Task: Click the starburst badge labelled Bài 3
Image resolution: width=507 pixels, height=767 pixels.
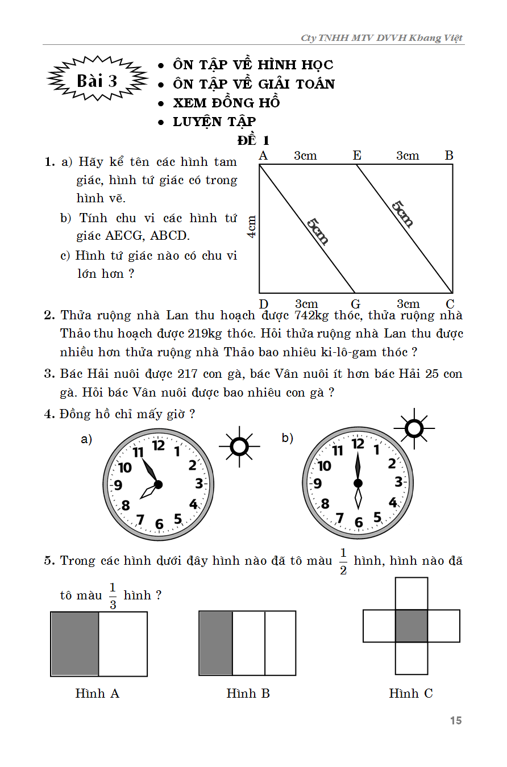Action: [x=97, y=81]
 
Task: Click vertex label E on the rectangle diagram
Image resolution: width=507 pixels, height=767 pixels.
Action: [x=357, y=156]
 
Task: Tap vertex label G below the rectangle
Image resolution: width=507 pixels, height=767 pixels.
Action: [x=356, y=304]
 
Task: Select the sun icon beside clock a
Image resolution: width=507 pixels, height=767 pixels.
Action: [x=240, y=447]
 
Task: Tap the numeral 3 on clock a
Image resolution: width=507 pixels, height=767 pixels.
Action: [x=199, y=484]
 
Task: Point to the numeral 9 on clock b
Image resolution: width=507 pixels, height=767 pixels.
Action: [x=317, y=484]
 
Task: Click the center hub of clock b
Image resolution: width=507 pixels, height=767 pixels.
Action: [x=358, y=483]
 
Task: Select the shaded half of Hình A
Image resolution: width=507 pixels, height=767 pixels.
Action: [x=75, y=644]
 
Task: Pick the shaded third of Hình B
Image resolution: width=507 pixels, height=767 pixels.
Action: [x=215, y=643]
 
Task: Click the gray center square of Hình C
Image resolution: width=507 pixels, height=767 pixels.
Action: [x=412, y=626]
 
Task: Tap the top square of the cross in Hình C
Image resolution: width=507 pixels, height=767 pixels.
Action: [x=412, y=594]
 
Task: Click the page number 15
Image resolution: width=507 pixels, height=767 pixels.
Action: [x=455, y=720]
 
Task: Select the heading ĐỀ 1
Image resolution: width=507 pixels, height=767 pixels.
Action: [x=253, y=140]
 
